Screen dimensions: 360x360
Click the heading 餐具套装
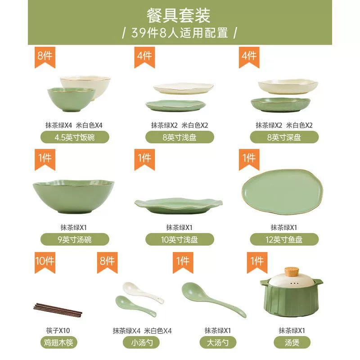click(x=178, y=16)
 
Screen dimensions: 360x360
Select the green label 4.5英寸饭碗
click(x=75, y=137)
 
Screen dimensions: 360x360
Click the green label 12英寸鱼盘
click(x=284, y=239)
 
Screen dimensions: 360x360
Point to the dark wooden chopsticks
click(x=58, y=310)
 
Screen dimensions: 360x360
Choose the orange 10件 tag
click(x=45, y=262)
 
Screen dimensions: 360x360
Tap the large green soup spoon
click(x=213, y=300)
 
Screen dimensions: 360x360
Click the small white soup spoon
click(x=142, y=292)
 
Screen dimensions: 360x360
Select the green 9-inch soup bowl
click(x=73, y=196)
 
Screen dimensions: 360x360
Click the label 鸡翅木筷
click(x=58, y=342)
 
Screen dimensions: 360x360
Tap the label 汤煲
click(x=292, y=342)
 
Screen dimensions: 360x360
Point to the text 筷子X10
click(x=58, y=330)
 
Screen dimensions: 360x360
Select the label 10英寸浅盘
click(x=180, y=239)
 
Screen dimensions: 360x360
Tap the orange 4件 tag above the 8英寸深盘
click(x=249, y=58)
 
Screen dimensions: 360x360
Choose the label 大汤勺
click(x=218, y=342)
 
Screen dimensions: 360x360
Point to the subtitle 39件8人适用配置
click(x=180, y=33)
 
